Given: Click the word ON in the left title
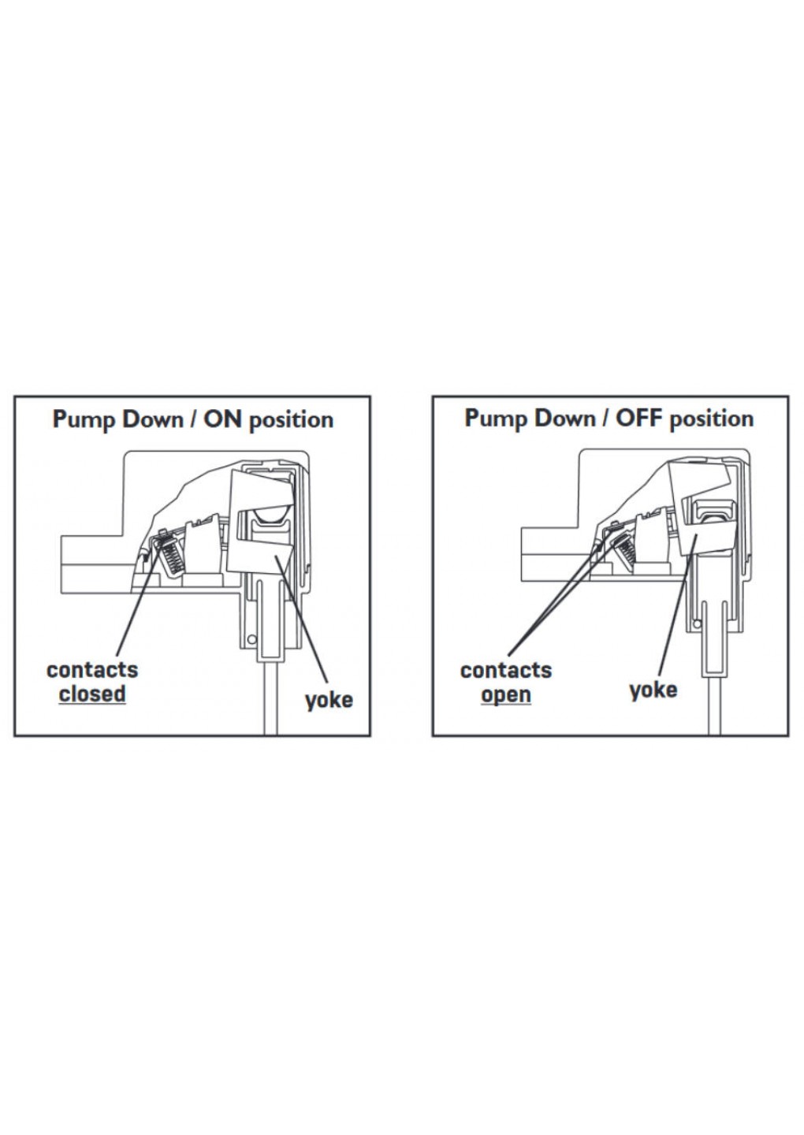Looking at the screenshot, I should (222, 419).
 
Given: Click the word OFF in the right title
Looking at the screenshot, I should (641, 418).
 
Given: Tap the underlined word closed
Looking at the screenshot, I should (92, 694).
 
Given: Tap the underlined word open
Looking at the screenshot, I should (505, 695).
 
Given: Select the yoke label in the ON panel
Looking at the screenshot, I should (329, 700).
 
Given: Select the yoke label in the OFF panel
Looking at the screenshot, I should (653, 690).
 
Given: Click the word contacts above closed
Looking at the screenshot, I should (92, 670).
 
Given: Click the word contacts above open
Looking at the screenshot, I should (505, 671).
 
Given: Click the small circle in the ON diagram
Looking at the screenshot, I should (251, 639).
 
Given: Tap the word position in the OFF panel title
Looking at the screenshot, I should (711, 419).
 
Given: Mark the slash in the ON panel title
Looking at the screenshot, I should (193, 419).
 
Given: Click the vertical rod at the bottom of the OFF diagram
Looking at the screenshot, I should (714, 705).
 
